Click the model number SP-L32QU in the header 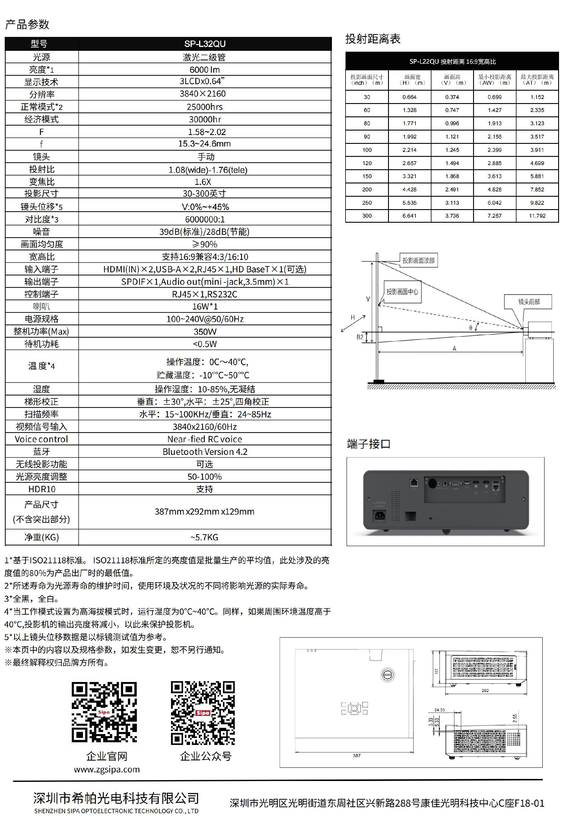pyautogui.click(x=205, y=44)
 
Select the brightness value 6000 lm pyautogui.click(x=205, y=70)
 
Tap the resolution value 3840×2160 pyautogui.click(x=203, y=94)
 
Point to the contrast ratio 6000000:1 pyautogui.click(x=205, y=219)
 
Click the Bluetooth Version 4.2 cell pyautogui.click(x=205, y=452)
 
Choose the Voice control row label pyautogui.click(x=41, y=439)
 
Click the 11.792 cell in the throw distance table pyautogui.click(x=537, y=216)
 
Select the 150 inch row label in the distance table pyautogui.click(x=367, y=176)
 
